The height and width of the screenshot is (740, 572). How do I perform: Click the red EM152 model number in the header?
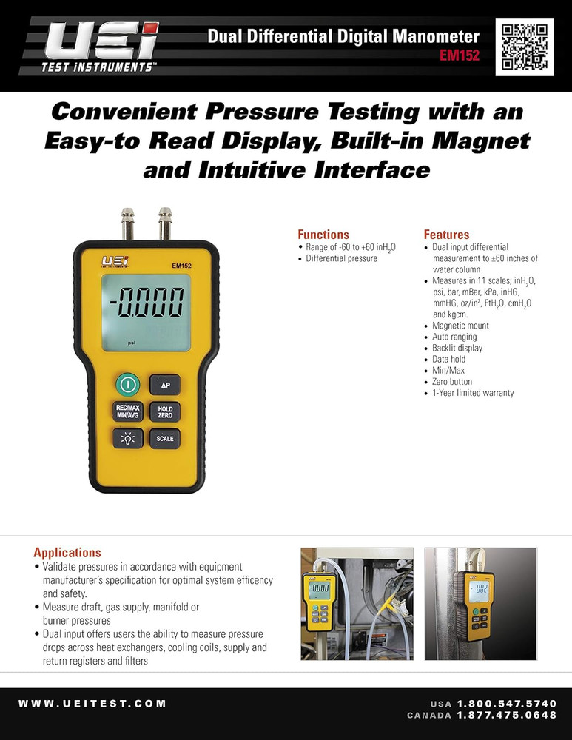point(460,55)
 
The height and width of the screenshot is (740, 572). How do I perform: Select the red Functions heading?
point(323,235)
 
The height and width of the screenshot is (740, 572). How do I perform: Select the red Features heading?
point(446,235)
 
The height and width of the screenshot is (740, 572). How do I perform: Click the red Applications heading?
point(67,552)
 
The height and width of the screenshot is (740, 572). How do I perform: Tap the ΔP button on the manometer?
point(166,385)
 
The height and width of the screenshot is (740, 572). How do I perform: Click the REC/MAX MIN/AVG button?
point(127,411)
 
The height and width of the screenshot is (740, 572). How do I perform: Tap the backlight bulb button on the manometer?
point(127,438)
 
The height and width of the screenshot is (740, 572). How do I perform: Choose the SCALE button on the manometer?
point(166,438)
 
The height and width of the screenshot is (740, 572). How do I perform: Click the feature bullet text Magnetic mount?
point(460,326)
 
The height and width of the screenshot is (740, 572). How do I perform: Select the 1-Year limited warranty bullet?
point(473,393)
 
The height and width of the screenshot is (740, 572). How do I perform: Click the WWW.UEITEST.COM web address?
point(92,704)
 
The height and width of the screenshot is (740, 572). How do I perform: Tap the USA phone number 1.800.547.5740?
point(506,703)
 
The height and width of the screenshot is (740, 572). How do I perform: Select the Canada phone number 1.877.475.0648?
point(506,715)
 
